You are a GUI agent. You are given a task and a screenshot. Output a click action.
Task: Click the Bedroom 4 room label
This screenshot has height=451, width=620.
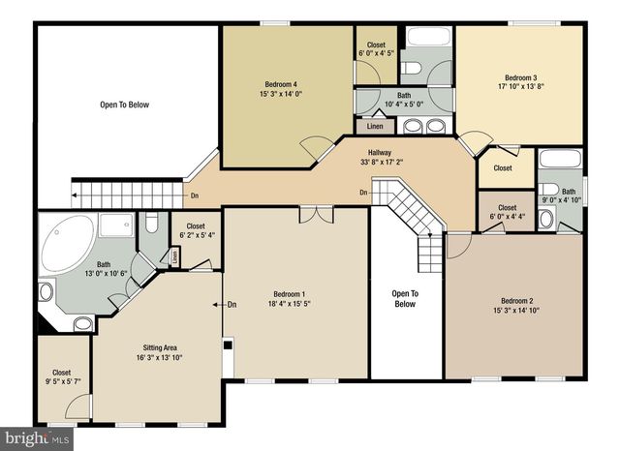(281, 83)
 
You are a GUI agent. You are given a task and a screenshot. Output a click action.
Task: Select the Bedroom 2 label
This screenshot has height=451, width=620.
(515, 300)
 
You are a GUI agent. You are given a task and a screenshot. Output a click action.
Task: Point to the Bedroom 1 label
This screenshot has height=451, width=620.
(289, 293)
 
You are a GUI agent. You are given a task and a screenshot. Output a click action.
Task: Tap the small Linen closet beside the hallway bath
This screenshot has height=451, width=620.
(374, 126)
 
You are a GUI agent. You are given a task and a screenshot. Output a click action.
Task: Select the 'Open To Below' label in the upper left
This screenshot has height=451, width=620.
(124, 104)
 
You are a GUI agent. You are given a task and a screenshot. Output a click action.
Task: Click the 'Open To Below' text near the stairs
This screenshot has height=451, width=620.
(404, 298)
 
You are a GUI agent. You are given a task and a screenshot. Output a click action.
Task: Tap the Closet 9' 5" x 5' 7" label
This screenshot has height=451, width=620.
(61, 372)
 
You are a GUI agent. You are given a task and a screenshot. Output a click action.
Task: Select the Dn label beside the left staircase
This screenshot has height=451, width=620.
(195, 196)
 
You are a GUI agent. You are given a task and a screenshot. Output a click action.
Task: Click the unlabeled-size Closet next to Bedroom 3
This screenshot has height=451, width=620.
(503, 168)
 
